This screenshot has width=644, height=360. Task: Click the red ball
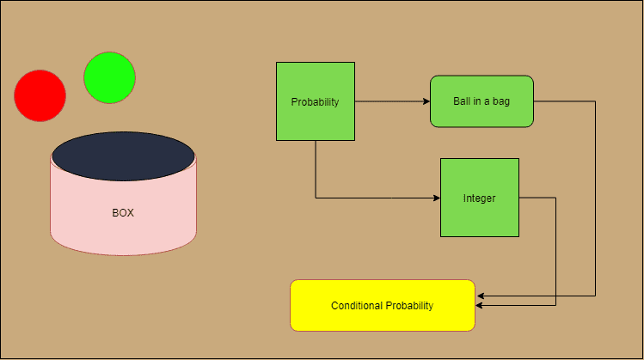pos(40,95)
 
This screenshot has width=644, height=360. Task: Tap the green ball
pos(109,77)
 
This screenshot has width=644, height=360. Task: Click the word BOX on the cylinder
pos(123,213)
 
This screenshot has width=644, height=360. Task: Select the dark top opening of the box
pos(123,156)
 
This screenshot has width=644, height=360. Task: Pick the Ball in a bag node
pos(481,101)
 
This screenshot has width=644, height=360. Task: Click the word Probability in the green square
pos(315,101)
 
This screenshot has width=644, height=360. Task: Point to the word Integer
pos(479,198)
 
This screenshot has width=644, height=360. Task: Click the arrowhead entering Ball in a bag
pos(426,101)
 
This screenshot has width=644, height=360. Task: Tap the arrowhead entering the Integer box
pos(437,198)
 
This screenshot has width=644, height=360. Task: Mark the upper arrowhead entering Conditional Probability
pos(479,296)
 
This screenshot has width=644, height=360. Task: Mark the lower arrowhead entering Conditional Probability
pos(479,305)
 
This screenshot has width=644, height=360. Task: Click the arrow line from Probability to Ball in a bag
pos(391,101)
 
